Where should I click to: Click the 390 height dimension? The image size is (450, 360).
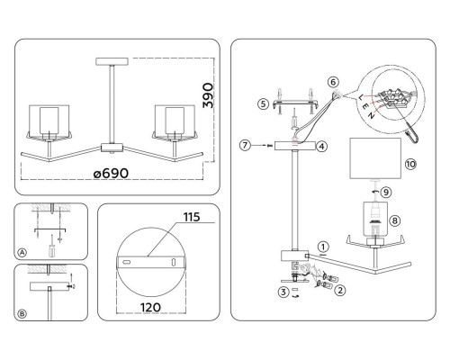coord(208,95)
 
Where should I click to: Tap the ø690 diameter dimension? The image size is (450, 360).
coord(111,174)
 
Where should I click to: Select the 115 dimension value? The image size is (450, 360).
coord(192,217)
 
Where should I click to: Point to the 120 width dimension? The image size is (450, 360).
coord(150,307)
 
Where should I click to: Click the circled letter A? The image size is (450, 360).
coord(22,253)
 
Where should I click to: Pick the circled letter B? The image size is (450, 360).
coord(22,314)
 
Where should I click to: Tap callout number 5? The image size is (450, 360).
coord(263,104)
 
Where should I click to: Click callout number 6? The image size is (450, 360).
coord(333,82)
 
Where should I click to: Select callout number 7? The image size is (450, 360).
coord(245,146)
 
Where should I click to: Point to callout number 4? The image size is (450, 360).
coord(322,147)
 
